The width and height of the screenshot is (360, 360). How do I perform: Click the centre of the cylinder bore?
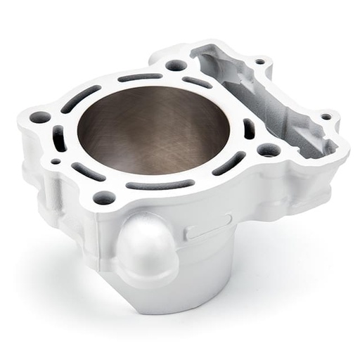[153, 130]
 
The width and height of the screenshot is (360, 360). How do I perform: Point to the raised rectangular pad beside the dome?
[209, 227]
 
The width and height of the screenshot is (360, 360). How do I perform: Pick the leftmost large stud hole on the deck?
[40, 117]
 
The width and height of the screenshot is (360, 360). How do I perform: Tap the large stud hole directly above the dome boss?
[104, 198]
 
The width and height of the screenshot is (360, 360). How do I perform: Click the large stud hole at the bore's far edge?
[176, 65]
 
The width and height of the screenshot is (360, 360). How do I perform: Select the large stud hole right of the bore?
[268, 150]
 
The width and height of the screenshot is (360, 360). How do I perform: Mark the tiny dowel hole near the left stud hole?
[56, 161]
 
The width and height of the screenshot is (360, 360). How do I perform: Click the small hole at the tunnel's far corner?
[259, 62]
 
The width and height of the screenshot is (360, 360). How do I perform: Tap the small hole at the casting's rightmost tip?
[326, 116]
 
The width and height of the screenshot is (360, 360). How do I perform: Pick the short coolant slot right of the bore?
[248, 129]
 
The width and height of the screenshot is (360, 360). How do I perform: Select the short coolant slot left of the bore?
[60, 139]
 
